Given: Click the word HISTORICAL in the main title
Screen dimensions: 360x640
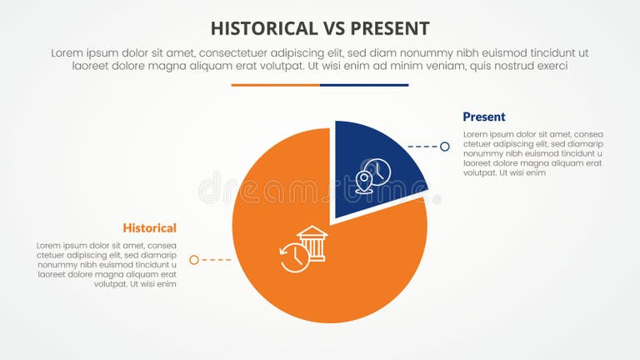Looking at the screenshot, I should coord(259,28).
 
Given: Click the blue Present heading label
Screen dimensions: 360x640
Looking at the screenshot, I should coord(484,117).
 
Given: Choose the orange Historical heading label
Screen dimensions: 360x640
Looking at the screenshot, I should coord(149,227).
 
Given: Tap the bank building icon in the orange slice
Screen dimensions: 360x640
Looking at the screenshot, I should coord(312,242).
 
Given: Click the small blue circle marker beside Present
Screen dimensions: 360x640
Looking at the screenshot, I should coord(445,147).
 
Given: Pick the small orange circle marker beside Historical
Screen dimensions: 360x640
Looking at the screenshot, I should coord(194,260).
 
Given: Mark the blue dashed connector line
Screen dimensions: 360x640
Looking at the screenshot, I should coord(422,147).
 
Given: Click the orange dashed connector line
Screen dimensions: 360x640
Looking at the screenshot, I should coord(216,260).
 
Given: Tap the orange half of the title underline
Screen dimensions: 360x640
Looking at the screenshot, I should coord(275,85).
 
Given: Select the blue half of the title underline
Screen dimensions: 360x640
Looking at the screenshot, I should coord(364,85).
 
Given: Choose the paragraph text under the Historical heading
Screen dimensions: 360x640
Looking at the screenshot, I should coord(107,265).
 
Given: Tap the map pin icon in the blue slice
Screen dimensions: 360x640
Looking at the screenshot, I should coord(363,179).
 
